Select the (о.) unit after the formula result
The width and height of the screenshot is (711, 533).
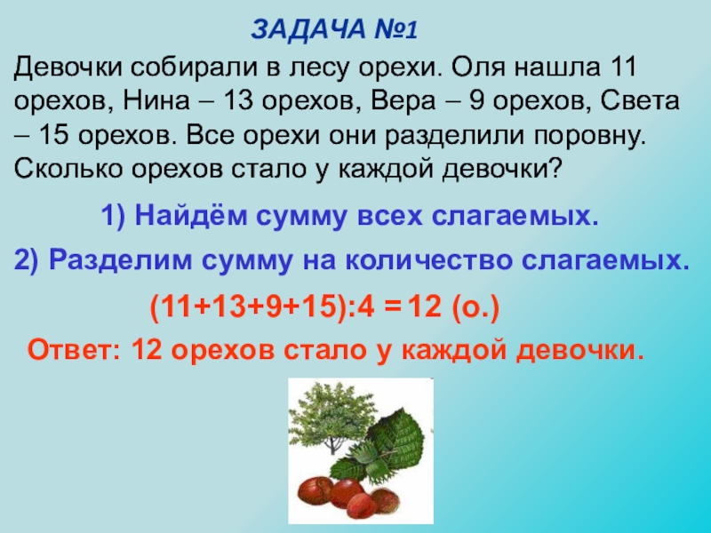[x=475, y=308]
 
